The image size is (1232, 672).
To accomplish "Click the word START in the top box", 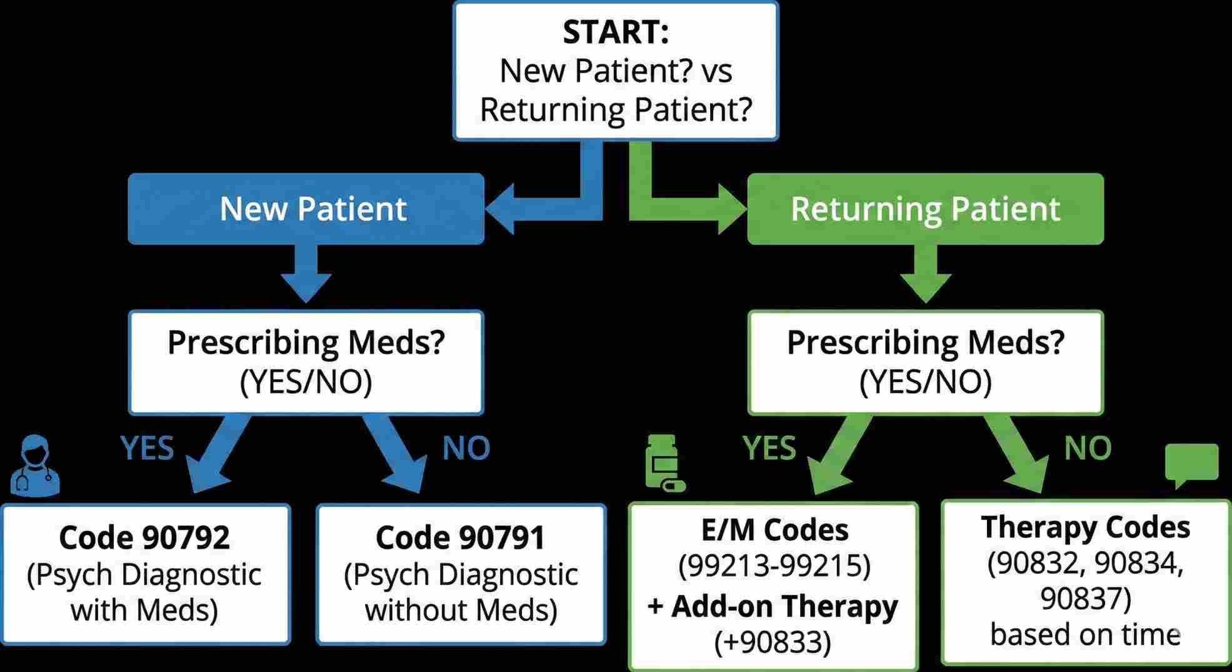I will pyautogui.click(x=615, y=33).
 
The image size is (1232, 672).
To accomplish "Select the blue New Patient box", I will pyautogui.click(x=306, y=209).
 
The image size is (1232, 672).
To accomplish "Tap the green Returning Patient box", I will pyautogui.click(x=925, y=209).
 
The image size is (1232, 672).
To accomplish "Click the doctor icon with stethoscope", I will pyautogui.click(x=35, y=466).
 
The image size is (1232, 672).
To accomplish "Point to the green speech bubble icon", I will pyautogui.click(x=1191, y=464).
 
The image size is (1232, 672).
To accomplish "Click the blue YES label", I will pyautogui.click(x=147, y=448).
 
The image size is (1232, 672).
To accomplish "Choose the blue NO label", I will pyautogui.click(x=466, y=448).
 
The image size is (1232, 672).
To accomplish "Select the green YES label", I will pyautogui.click(x=769, y=448).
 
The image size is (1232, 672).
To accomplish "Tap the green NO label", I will pyautogui.click(x=1088, y=448).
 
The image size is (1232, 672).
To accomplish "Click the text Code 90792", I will pyautogui.click(x=144, y=538).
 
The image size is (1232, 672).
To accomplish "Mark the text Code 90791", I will pyautogui.click(x=460, y=538).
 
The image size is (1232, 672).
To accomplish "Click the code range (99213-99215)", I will pyautogui.click(x=774, y=566).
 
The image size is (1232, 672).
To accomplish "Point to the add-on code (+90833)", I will pyautogui.click(x=773, y=642).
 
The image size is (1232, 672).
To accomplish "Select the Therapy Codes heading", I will pyautogui.click(x=1085, y=527).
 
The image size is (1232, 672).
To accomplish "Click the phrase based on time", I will pyautogui.click(x=1085, y=634).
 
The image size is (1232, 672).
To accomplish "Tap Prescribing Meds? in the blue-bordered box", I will pyautogui.click(x=306, y=343).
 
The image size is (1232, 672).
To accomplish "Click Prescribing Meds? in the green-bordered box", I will pyautogui.click(x=925, y=343).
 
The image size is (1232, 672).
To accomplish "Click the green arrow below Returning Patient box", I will pyautogui.click(x=926, y=275).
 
